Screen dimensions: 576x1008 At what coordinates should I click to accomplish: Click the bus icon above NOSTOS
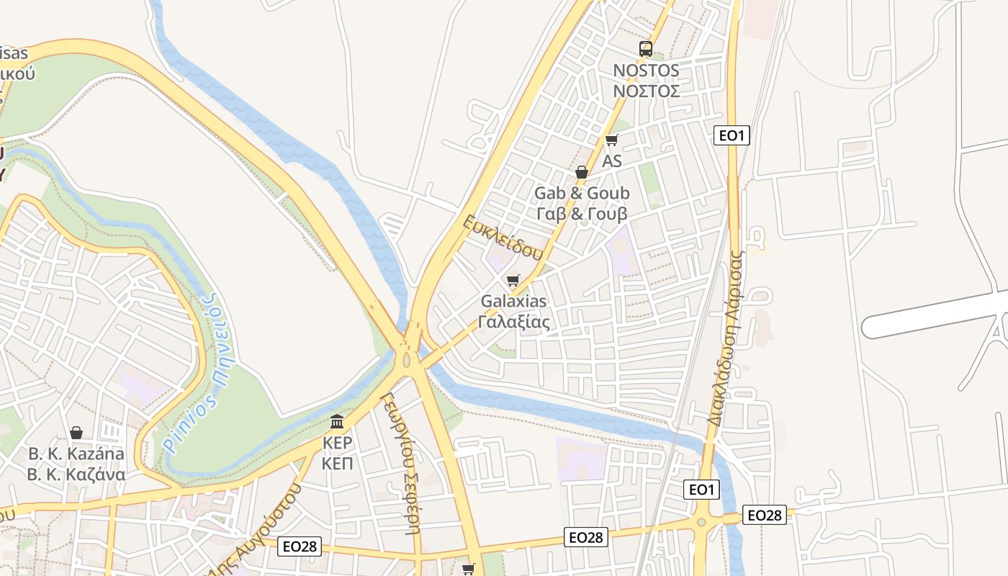point(646,49)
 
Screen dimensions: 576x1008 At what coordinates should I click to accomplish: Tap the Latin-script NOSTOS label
point(646,71)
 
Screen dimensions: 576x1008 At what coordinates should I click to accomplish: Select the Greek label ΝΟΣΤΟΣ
point(646,91)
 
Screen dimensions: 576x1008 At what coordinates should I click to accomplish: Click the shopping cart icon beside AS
point(611,140)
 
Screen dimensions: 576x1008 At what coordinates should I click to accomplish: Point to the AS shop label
point(612,161)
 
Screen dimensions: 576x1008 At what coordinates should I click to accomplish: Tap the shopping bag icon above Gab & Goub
point(582,172)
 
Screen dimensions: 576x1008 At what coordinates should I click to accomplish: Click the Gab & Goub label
point(582,193)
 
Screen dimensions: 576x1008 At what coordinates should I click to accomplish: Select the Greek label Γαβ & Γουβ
point(582,214)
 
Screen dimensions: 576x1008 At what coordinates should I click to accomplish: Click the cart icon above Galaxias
point(513,280)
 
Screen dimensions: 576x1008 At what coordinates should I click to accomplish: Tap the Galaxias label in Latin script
point(514,301)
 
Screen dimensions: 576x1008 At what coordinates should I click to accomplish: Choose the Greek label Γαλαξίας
point(514,322)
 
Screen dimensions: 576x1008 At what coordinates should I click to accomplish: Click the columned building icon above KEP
point(337,420)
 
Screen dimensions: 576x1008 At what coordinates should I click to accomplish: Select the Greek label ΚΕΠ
point(337,463)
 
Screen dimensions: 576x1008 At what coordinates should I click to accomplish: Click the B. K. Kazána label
point(76,454)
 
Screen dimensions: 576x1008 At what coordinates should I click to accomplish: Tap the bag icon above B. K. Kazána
point(76,433)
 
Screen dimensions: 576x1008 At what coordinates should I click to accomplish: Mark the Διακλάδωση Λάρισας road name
point(724,338)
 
